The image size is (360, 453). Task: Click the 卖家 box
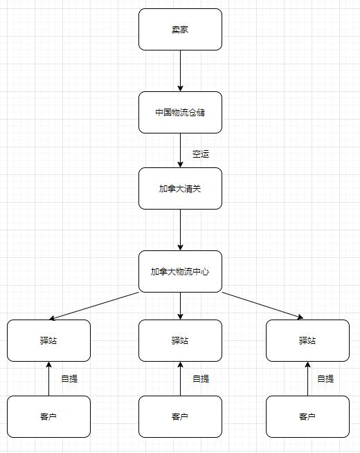pos(180,30)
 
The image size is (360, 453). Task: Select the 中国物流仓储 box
pos(180,112)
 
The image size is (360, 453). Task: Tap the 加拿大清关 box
pos(180,188)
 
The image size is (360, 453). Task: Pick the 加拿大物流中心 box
pos(180,271)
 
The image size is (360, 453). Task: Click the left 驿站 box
pos(48,341)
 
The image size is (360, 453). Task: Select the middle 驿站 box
pos(180,341)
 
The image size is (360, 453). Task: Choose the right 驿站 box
pos(307,341)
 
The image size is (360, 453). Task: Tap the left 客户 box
pos(48,416)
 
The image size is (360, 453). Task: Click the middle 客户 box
pos(180,416)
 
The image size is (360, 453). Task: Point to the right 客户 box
pos(307,416)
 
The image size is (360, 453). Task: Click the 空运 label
pos(201,154)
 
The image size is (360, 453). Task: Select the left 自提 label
pos(69,378)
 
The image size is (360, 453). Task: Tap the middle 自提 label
pos(201,378)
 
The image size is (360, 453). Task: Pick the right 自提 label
pos(325,378)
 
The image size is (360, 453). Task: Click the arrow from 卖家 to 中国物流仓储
pos(180,71)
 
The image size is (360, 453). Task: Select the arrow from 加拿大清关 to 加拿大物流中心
pos(180,230)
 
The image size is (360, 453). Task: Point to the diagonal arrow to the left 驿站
pos(94,306)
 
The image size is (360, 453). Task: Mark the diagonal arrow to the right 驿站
pos(262,306)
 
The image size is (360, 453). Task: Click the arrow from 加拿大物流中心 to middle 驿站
pos(180,306)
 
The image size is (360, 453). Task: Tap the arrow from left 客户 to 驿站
pos(48,379)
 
